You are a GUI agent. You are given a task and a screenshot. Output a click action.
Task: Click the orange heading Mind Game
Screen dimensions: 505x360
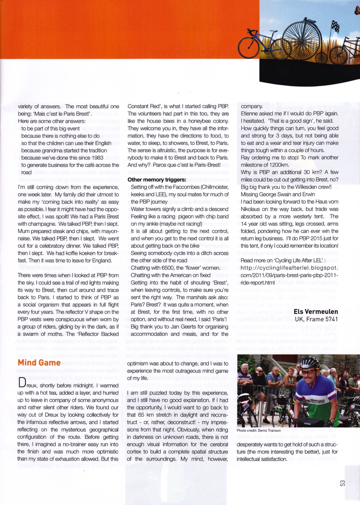coord(39,363)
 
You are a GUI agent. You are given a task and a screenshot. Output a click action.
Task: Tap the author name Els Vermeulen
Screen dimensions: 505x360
coord(316,312)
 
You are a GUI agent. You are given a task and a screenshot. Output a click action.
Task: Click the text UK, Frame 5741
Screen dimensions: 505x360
coord(316,319)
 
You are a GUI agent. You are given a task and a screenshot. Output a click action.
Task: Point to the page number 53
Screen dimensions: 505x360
coord(342,483)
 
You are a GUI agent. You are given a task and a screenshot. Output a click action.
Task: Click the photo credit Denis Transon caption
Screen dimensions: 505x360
coord(259,430)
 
